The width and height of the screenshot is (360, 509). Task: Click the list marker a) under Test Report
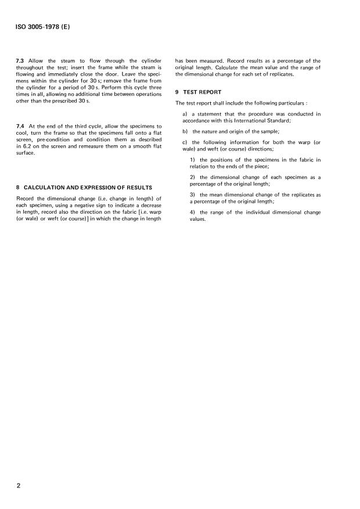[x=185, y=114]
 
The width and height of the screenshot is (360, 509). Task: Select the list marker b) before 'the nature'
[x=185, y=132]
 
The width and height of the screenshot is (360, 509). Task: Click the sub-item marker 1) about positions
[x=193, y=160]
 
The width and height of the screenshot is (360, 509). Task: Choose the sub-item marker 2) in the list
[x=193, y=177]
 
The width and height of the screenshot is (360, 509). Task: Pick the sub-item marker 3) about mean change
[x=193, y=195]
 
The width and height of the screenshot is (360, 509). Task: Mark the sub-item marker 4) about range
[x=193, y=212]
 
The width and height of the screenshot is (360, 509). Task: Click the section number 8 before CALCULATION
[x=19, y=188]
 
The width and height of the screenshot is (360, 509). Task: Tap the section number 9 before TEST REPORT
[x=177, y=93]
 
